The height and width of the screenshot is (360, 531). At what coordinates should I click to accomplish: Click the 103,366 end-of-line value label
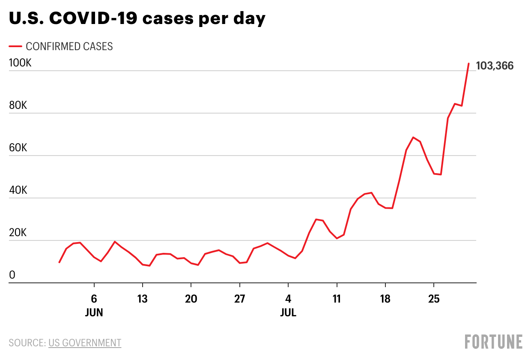click(494, 66)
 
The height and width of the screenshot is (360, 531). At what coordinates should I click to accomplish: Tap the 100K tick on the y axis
click(20, 63)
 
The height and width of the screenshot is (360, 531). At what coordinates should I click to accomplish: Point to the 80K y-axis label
click(18, 105)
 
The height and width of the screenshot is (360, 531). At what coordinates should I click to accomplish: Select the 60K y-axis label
click(18, 148)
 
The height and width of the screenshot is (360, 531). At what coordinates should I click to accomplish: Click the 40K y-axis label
click(18, 191)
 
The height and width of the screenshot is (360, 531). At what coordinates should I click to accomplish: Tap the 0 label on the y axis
click(12, 276)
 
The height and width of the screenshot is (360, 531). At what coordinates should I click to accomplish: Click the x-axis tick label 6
click(94, 299)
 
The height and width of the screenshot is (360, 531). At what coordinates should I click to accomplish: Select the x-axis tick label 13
click(142, 299)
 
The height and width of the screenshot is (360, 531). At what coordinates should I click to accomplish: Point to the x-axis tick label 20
click(191, 299)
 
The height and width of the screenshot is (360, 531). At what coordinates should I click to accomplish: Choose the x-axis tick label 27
click(239, 299)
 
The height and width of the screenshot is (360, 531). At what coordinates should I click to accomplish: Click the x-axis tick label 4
click(288, 299)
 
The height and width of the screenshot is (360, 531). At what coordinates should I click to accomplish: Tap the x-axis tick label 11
click(337, 299)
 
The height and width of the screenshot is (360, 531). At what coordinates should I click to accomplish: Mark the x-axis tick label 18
click(385, 299)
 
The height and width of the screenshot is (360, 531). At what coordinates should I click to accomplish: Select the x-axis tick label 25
click(434, 299)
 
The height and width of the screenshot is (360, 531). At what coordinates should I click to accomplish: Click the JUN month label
click(94, 313)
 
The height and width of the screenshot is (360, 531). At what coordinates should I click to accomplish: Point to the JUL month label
click(288, 313)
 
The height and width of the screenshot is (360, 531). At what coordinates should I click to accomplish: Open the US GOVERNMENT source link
click(85, 343)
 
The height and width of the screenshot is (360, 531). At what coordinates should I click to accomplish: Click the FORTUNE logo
click(493, 342)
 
